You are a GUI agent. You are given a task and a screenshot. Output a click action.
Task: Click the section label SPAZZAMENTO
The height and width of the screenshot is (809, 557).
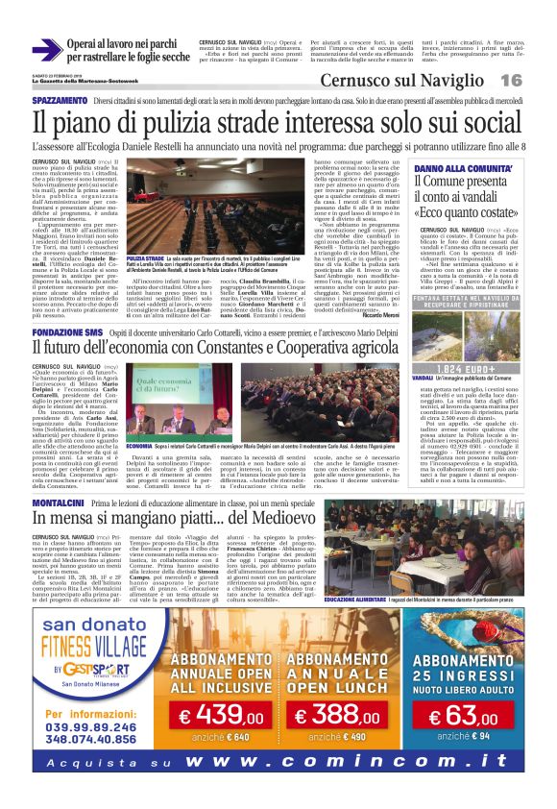(x=60, y=100)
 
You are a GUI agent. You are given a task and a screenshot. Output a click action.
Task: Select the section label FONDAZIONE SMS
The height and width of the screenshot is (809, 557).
(x=68, y=331)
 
